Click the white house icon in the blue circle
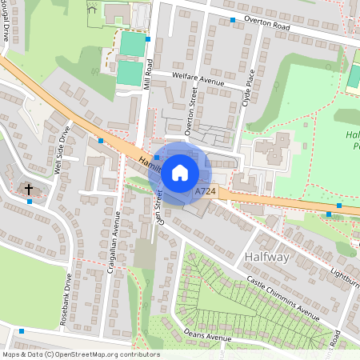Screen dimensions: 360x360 (x=180, y=171)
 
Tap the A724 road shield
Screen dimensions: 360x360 (x=206, y=193)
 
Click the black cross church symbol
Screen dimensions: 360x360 (x=29, y=190)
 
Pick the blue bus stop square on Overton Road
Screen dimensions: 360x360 (x=233, y=19)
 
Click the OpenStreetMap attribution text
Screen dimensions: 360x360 (x=80, y=354)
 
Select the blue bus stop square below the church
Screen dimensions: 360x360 (x=30, y=202)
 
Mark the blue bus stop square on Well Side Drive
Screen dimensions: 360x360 (x=100, y=141)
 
